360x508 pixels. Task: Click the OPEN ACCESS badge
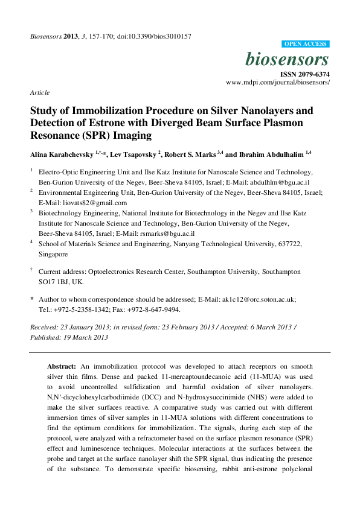click(x=306, y=44)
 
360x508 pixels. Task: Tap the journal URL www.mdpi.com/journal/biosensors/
click(x=278, y=82)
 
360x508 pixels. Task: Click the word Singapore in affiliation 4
click(x=53, y=255)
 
